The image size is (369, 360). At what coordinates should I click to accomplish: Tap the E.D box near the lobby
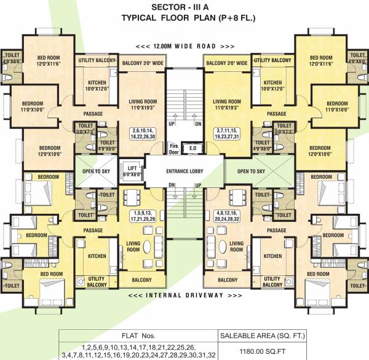192,147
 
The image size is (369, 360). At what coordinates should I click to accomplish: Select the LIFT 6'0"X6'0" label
131,171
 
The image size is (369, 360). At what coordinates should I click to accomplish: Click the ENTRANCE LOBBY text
184,170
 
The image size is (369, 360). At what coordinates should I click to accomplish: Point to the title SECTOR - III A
184,7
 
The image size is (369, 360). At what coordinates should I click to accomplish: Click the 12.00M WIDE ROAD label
184,47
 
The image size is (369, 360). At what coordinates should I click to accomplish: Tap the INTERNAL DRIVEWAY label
184,297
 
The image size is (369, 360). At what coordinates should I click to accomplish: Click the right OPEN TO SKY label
252,171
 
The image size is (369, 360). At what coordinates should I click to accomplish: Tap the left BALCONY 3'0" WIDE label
142,63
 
